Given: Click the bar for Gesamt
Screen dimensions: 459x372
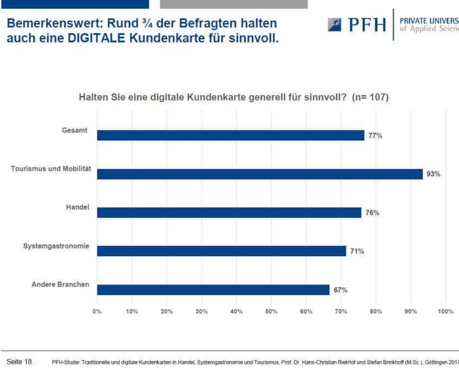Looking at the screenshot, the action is coord(231,135).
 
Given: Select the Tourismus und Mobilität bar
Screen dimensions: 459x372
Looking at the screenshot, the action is coord(260,174).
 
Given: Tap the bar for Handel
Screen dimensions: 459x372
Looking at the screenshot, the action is coord(229,213).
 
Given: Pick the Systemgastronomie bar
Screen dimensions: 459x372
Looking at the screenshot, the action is coord(222,251).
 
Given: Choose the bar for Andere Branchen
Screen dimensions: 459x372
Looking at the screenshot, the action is coord(213,290).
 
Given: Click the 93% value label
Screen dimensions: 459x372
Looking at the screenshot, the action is coord(433,174).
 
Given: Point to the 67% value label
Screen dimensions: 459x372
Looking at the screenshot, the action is coord(341,290).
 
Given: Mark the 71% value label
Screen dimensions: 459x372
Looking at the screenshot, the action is coord(357,251).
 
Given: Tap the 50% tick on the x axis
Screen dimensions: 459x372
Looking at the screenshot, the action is coord(272,311).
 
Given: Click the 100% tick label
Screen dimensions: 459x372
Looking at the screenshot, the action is coord(445,311).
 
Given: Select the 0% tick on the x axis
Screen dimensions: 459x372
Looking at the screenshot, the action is coord(97,311).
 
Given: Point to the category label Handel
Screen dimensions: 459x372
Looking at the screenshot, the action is coord(78,207).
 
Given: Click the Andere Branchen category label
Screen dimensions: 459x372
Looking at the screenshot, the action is coord(60,284).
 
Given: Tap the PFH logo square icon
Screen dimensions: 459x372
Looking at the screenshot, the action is coord(335,24).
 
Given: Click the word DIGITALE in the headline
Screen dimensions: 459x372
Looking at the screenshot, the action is coord(96,39).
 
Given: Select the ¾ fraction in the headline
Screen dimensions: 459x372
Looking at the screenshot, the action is coord(148,23).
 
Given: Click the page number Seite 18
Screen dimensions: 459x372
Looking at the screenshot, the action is coord(19,362).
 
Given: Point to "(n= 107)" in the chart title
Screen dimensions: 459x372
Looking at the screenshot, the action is coord(370,97).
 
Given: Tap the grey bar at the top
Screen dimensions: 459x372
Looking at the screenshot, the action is coord(234,4).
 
